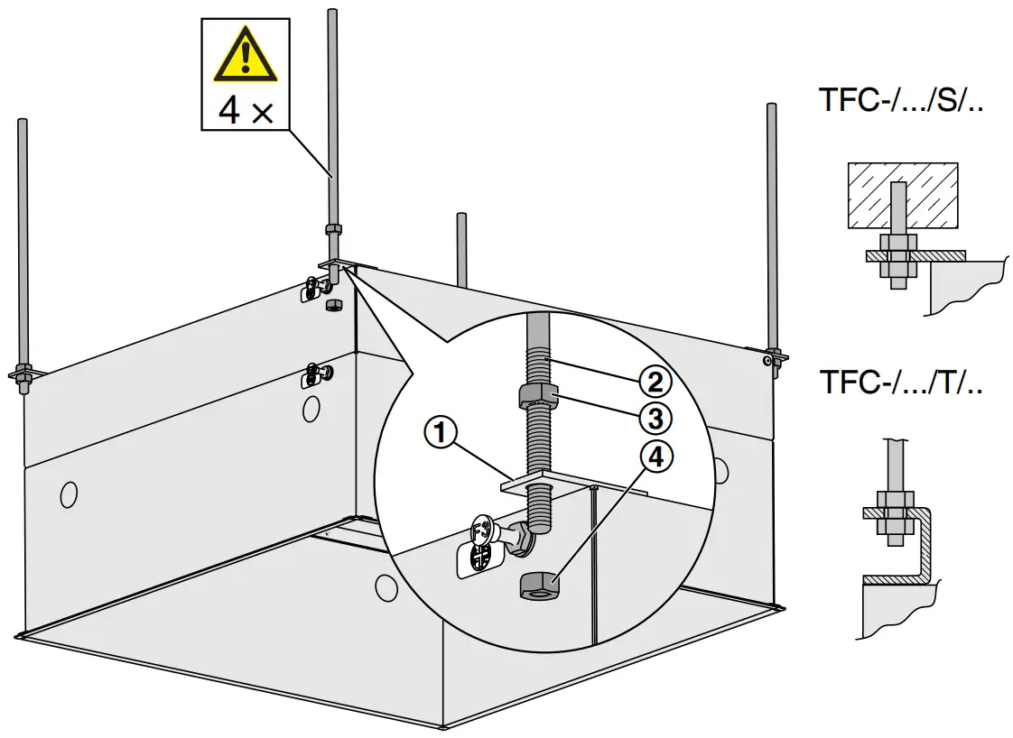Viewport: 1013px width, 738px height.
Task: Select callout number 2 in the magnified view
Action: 656,381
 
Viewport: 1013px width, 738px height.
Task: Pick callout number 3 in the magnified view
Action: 656,418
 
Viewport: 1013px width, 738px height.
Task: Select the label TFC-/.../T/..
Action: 900,382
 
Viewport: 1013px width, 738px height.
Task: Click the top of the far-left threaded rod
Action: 22,124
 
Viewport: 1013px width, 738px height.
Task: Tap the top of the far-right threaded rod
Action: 772,108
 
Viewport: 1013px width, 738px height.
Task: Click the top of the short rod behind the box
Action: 461,217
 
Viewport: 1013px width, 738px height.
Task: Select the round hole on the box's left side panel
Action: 69,494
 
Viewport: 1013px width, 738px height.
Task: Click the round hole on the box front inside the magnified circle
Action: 386,588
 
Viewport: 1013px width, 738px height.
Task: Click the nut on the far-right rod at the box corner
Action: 772,355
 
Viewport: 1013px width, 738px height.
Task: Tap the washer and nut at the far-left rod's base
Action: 23,372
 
